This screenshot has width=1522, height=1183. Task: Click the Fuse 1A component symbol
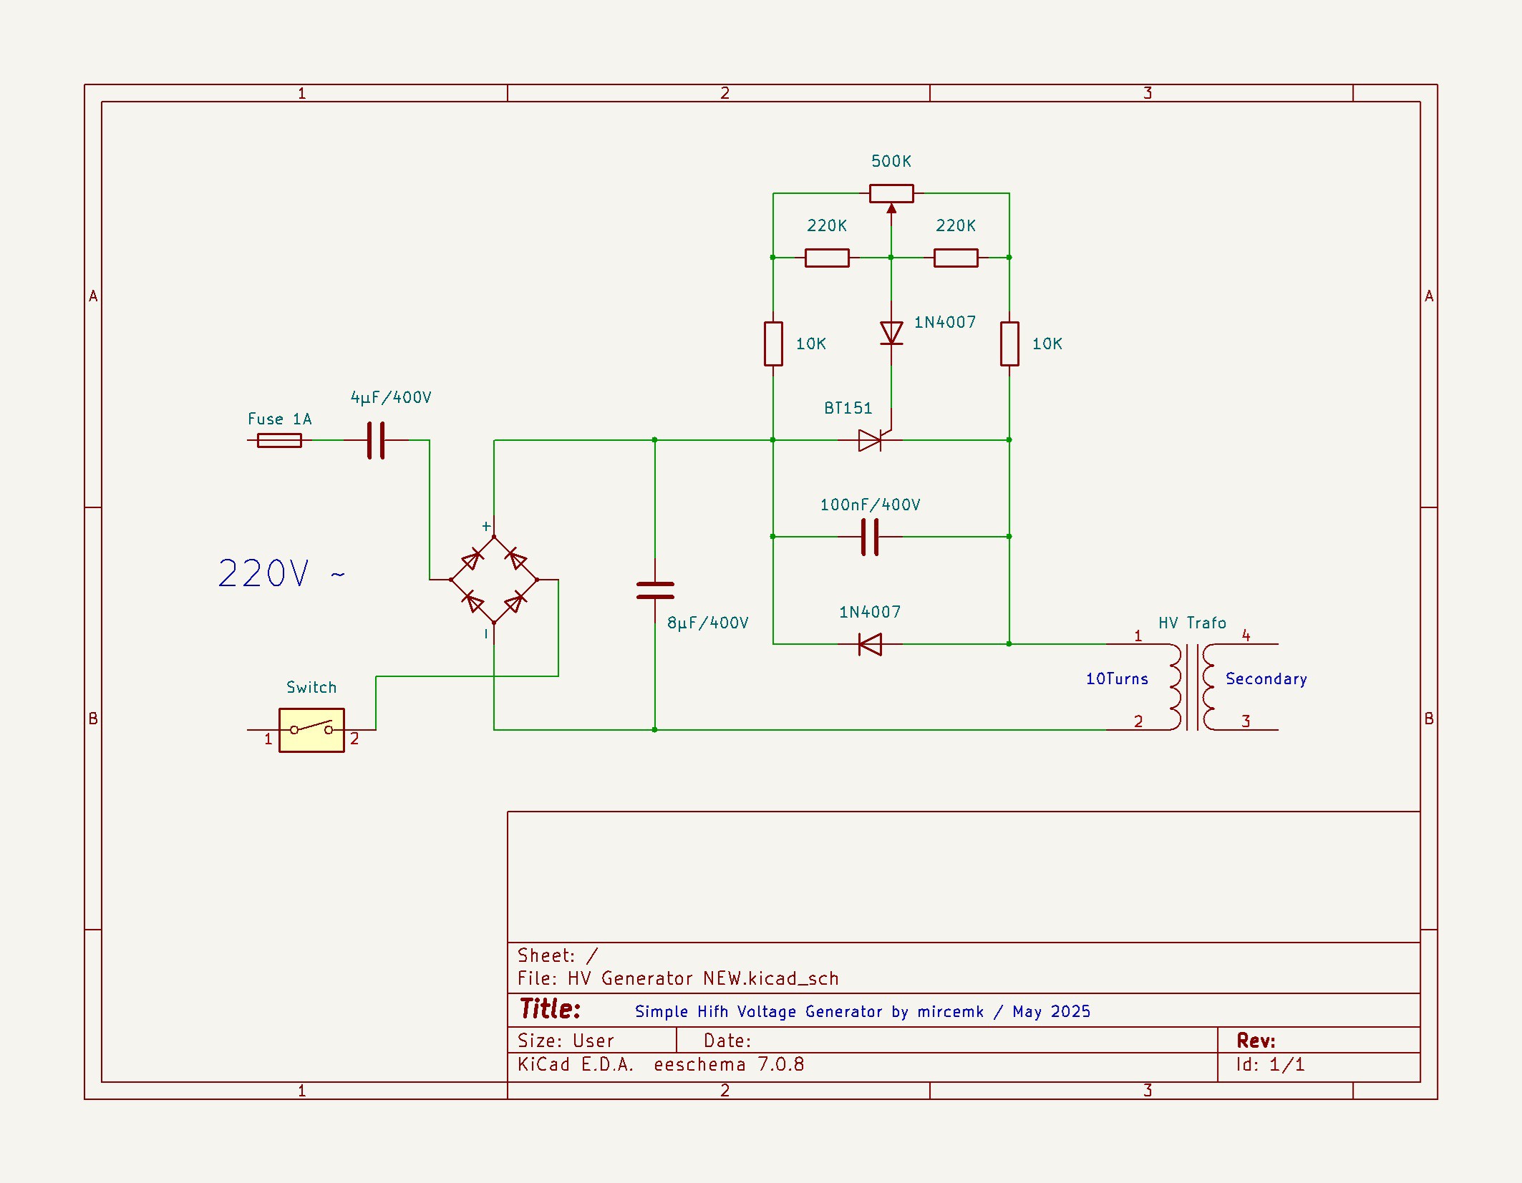279,440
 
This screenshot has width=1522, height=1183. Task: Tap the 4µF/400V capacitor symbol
376,440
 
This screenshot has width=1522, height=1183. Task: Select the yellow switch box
311,730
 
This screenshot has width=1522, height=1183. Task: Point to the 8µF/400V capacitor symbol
655,590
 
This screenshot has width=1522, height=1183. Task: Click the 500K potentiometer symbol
891,193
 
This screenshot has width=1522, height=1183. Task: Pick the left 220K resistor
827,258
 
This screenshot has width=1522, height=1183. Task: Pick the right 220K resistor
956,258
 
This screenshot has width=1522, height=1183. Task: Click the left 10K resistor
773,344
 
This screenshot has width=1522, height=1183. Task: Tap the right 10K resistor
1009,344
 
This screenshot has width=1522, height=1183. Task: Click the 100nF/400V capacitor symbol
870,537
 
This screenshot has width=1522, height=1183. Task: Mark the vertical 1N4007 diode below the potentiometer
891,333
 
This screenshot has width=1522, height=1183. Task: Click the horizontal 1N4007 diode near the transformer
870,644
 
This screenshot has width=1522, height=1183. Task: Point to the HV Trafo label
1192,623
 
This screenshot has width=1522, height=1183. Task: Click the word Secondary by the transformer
1266,678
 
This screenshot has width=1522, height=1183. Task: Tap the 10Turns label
1117,678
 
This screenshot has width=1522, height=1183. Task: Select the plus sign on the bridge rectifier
486,526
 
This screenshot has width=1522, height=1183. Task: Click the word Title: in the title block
550,1009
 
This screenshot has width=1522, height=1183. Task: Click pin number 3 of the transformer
1246,721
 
